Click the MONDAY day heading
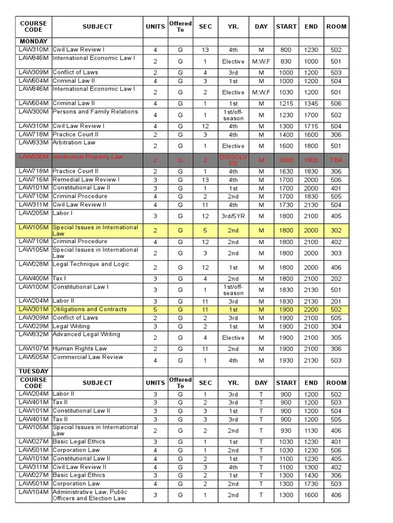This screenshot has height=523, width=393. (33, 41)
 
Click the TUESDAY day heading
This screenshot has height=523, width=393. (33, 371)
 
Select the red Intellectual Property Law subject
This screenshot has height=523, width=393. (88, 157)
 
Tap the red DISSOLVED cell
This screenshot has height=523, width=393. (233, 160)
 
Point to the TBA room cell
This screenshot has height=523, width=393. (336, 160)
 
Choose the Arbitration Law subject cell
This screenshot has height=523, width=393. (74, 142)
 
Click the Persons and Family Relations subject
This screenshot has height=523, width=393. (95, 111)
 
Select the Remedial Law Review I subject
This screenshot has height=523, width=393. (86, 179)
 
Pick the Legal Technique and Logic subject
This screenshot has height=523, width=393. (91, 264)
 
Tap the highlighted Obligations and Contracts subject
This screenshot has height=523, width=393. (90, 309)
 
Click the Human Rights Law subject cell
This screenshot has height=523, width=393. (80, 348)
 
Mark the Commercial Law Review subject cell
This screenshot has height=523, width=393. (88, 357)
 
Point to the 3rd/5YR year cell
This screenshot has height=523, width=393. (233, 216)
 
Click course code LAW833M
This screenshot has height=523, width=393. (33, 142)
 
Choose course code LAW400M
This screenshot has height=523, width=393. (33, 278)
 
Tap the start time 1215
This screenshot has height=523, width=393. (286, 104)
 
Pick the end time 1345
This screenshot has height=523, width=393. (311, 104)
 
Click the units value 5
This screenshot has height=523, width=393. (155, 310)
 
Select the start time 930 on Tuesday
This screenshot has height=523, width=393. (286, 431)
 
